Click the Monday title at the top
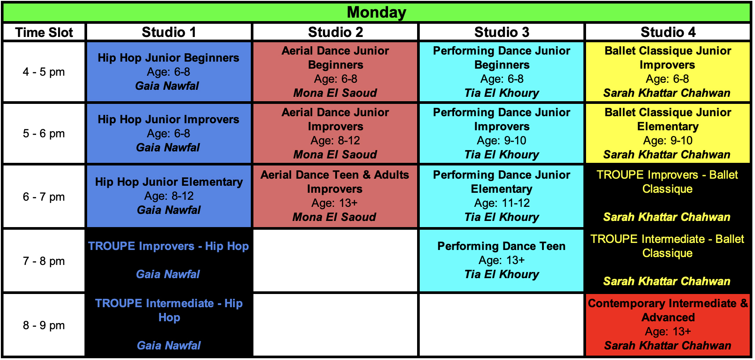click(x=377, y=12)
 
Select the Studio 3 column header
click(x=502, y=32)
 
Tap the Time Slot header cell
click(x=44, y=32)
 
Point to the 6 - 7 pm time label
click(x=44, y=197)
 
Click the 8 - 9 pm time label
click(x=44, y=325)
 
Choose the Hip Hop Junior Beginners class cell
click(x=169, y=72)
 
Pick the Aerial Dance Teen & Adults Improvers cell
click(x=335, y=196)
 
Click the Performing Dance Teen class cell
click(x=502, y=261)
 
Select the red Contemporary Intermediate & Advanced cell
click(x=668, y=325)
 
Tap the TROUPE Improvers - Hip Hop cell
click(x=169, y=261)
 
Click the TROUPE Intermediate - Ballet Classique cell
click(x=668, y=261)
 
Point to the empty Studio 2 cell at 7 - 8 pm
click(x=335, y=261)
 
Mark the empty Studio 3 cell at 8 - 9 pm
click(x=502, y=325)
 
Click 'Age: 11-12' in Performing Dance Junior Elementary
click(x=502, y=203)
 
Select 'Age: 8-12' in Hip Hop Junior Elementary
click(x=169, y=196)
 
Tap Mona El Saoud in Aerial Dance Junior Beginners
click(x=335, y=93)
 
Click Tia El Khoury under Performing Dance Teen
click(x=502, y=274)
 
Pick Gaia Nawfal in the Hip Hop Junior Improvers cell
click(x=168, y=147)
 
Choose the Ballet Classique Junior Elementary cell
click(x=668, y=133)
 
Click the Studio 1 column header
click(x=169, y=32)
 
